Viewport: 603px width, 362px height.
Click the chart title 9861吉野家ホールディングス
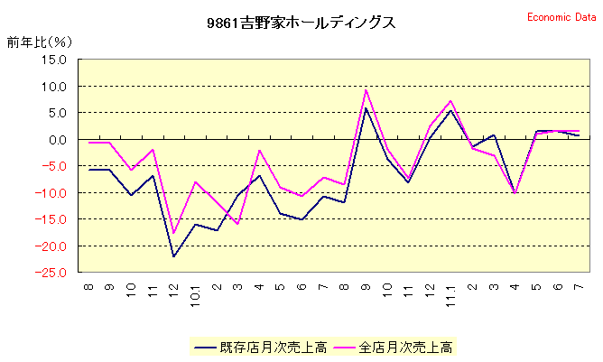click(x=301, y=23)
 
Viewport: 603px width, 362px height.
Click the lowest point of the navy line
click(x=173, y=256)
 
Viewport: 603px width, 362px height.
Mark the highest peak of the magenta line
click(x=366, y=89)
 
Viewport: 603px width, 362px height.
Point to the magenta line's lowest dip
click(x=173, y=234)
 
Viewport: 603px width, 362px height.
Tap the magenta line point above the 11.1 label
click(x=450, y=101)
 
